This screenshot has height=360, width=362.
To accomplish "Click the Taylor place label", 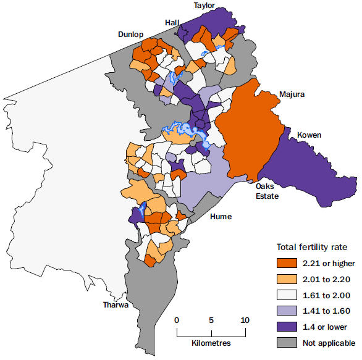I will pos(204,5).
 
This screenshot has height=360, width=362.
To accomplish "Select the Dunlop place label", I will pos(131,35).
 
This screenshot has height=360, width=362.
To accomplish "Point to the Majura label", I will pos(292,95).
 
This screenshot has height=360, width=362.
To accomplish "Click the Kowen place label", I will pos(309,135).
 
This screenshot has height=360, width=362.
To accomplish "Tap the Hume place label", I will pos(221,217).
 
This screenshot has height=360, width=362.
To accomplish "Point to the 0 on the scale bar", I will pos(177,320).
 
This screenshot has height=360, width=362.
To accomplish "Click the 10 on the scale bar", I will pos(245,320).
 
